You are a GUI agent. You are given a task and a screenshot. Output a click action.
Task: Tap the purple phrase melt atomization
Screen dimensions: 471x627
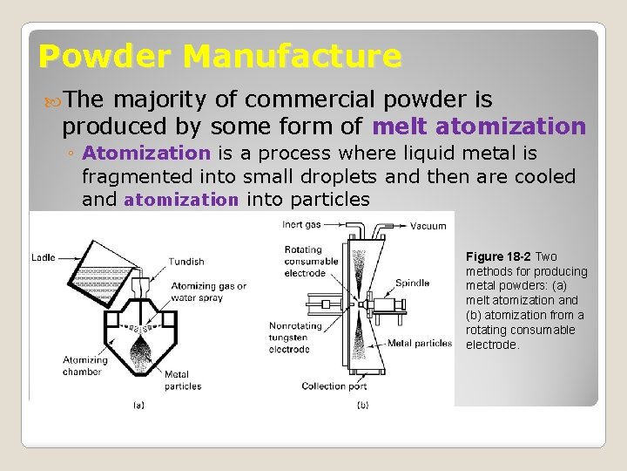[479, 126]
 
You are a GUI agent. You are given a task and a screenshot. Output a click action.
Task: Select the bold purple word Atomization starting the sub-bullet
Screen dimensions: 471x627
[146, 154]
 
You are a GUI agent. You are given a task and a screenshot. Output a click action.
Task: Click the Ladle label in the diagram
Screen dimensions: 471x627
[44, 257]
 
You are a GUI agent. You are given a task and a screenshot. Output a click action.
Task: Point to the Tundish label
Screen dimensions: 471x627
[186, 261]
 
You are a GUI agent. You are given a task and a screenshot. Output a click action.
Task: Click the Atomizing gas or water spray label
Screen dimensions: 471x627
[209, 291]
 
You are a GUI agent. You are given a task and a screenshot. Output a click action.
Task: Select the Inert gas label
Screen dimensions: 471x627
[302, 225]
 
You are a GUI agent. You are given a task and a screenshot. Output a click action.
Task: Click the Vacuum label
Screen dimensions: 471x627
[428, 226]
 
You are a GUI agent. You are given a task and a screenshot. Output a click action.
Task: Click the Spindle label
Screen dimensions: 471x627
[412, 283]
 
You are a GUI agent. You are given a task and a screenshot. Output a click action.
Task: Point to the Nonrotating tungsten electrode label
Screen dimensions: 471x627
[289, 338]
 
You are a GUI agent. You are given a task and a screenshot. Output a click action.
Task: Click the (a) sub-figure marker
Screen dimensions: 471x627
[138, 404]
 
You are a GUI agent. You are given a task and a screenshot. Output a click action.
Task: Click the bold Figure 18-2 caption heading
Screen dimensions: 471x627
[498, 256]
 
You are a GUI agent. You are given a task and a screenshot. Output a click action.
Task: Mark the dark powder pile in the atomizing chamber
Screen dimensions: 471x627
[139, 352]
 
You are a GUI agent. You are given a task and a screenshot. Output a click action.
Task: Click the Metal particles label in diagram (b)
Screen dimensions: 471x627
[419, 343]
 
